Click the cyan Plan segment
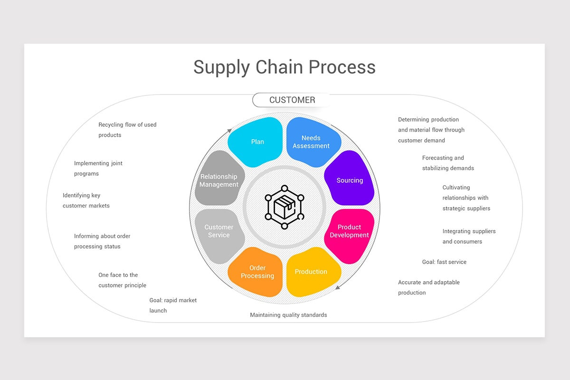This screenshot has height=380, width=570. [x=256, y=142]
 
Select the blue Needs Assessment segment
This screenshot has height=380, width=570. [x=312, y=142]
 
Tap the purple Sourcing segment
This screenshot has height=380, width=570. [x=350, y=180]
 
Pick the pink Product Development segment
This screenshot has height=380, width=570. [x=350, y=231]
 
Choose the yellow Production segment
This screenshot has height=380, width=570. [x=312, y=272]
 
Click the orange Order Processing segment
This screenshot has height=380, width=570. [x=257, y=272]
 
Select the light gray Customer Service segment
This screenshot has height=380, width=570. [x=219, y=231]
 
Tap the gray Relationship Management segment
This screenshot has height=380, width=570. [x=219, y=180]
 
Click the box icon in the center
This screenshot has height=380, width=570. [x=284, y=207]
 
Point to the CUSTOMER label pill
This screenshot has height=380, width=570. [x=292, y=100]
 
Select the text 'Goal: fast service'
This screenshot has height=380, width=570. [x=444, y=262]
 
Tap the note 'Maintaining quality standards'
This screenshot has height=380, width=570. [x=288, y=315]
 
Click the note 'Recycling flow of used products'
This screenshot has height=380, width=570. [x=127, y=130]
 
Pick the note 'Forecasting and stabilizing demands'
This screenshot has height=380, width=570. [x=448, y=163]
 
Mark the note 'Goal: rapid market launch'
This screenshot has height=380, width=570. [x=173, y=305]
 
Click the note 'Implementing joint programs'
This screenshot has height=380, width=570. [x=98, y=168]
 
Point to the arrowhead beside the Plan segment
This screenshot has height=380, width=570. [x=230, y=130]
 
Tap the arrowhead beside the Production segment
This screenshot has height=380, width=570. [x=338, y=287]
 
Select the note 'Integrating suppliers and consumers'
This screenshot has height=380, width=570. [x=469, y=236]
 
